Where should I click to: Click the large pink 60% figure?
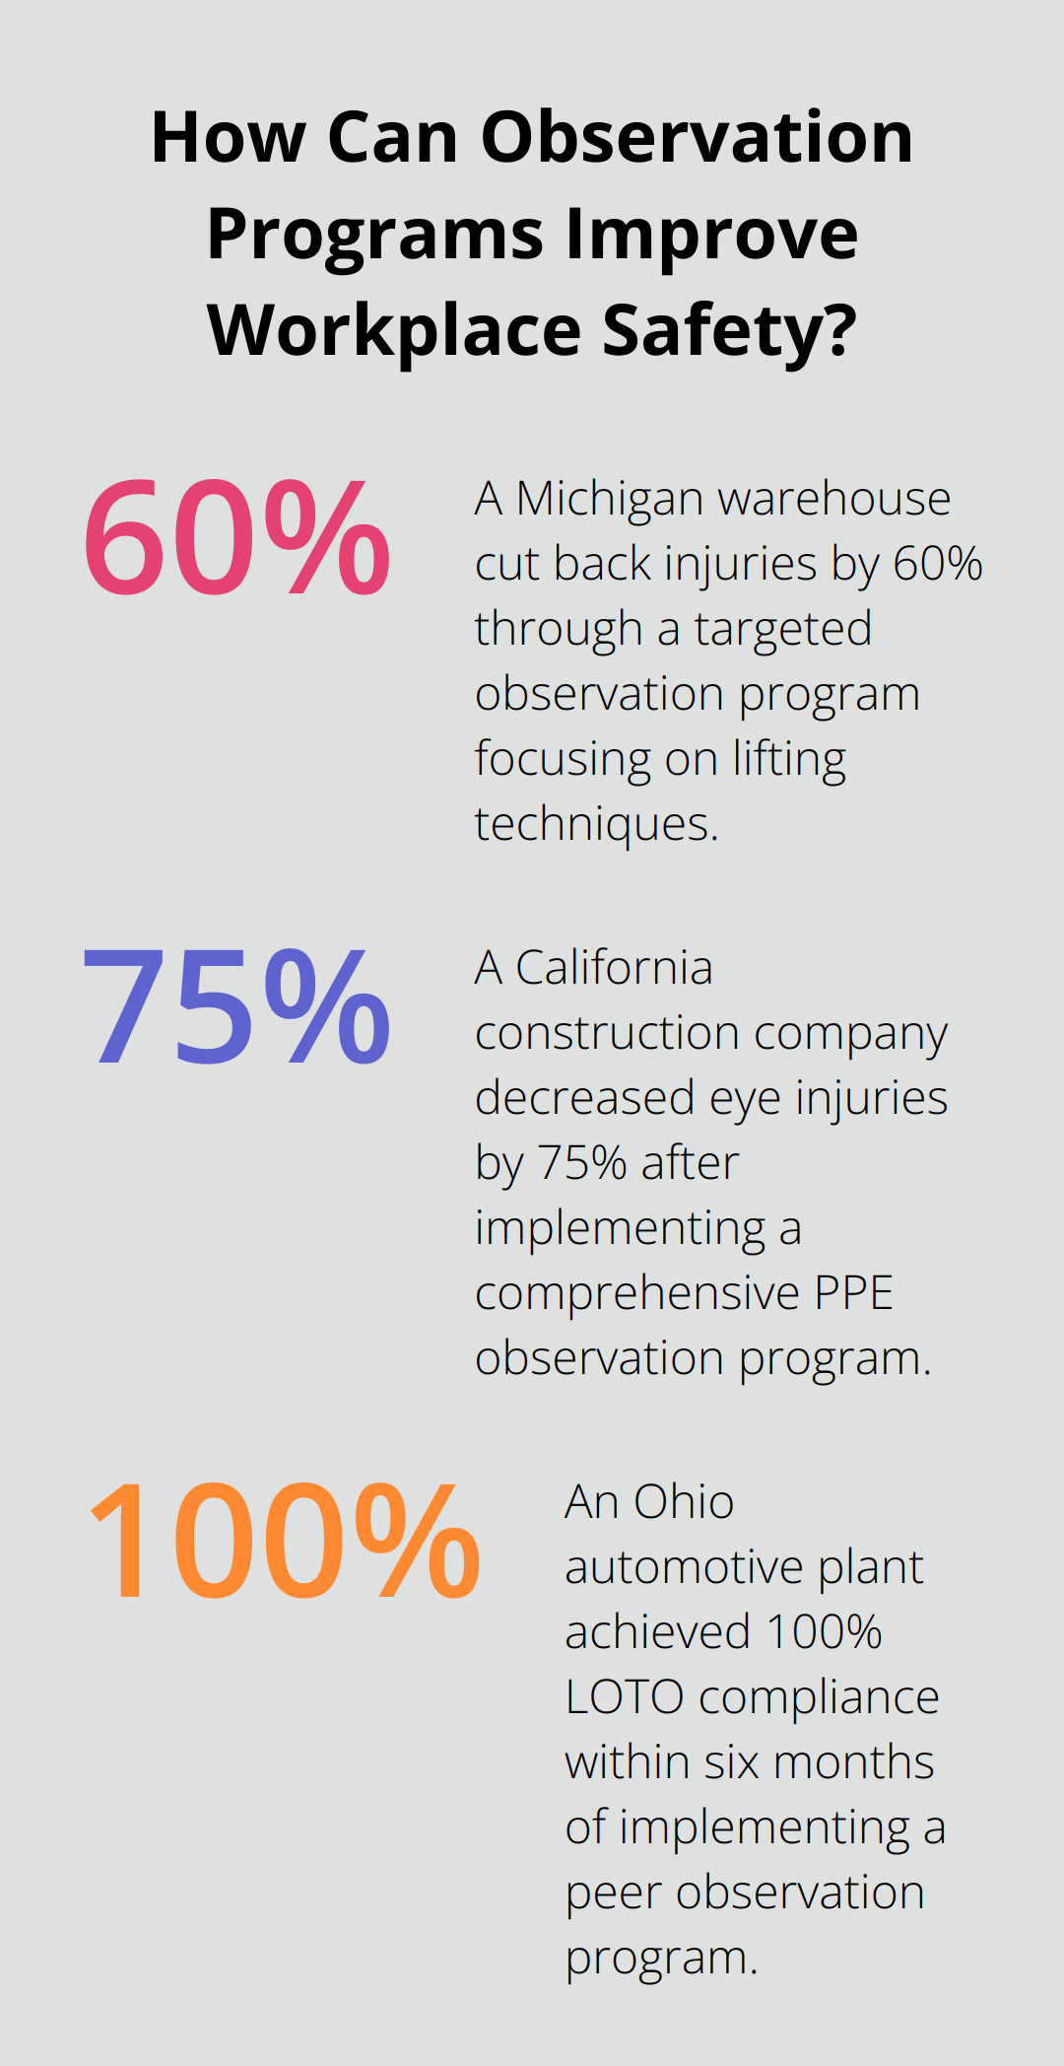(x=236, y=537)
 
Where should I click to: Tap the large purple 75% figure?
(x=236, y=1006)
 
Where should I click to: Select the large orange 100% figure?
(x=284, y=1542)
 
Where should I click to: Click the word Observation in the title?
(x=697, y=137)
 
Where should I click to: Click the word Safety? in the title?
(x=729, y=331)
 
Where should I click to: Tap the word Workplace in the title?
(x=394, y=331)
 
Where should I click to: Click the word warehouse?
(x=833, y=500)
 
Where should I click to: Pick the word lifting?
(x=788, y=760)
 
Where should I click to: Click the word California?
(x=613, y=968)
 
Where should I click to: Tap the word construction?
(x=607, y=1033)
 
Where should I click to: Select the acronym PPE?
(x=853, y=1293)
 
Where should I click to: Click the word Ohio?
(x=683, y=1503)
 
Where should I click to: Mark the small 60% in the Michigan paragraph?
(x=937, y=565)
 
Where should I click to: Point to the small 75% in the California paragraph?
(x=582, y=1163)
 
